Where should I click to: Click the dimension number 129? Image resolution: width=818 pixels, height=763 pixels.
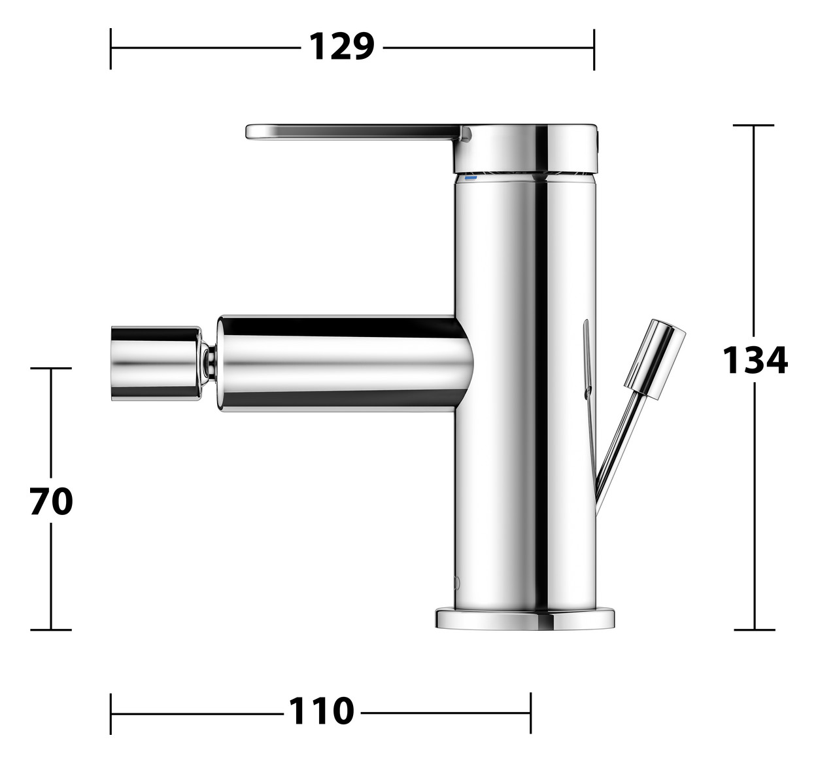tap(341, 47)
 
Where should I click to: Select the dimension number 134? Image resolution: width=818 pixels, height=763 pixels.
tap(755, 361)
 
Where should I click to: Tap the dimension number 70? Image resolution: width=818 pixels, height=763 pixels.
tap(51, 503)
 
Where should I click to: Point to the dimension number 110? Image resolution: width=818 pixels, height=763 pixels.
tap(321, 711)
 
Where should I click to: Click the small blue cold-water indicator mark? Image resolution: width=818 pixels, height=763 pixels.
tap(471, 177)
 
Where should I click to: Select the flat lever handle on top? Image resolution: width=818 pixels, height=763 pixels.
tap(353, 132)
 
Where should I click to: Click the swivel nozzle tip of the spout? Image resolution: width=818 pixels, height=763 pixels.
tap(156, 363)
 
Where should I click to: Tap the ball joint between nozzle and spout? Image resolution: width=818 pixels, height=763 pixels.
tap(210, 363)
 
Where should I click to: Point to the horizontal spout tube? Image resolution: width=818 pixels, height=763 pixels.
tap(343, 363)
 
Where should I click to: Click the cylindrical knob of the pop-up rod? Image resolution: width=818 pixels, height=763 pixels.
tap(655, 359)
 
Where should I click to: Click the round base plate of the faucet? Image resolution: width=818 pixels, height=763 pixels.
tap(525, 618)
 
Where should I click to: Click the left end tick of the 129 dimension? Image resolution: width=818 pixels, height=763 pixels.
tap(111, 48)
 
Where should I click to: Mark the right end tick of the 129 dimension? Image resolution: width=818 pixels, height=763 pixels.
tap(594, 48)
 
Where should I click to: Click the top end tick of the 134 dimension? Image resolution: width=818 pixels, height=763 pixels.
tap(754, 125)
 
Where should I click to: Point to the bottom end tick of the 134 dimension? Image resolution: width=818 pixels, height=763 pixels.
tap(754, 630)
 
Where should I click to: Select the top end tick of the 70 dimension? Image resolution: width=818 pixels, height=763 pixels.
tap(51, 368)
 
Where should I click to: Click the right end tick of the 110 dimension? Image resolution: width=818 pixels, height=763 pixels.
tap(530, 713)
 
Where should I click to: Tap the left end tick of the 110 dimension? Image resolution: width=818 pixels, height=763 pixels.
tap(111, 713)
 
